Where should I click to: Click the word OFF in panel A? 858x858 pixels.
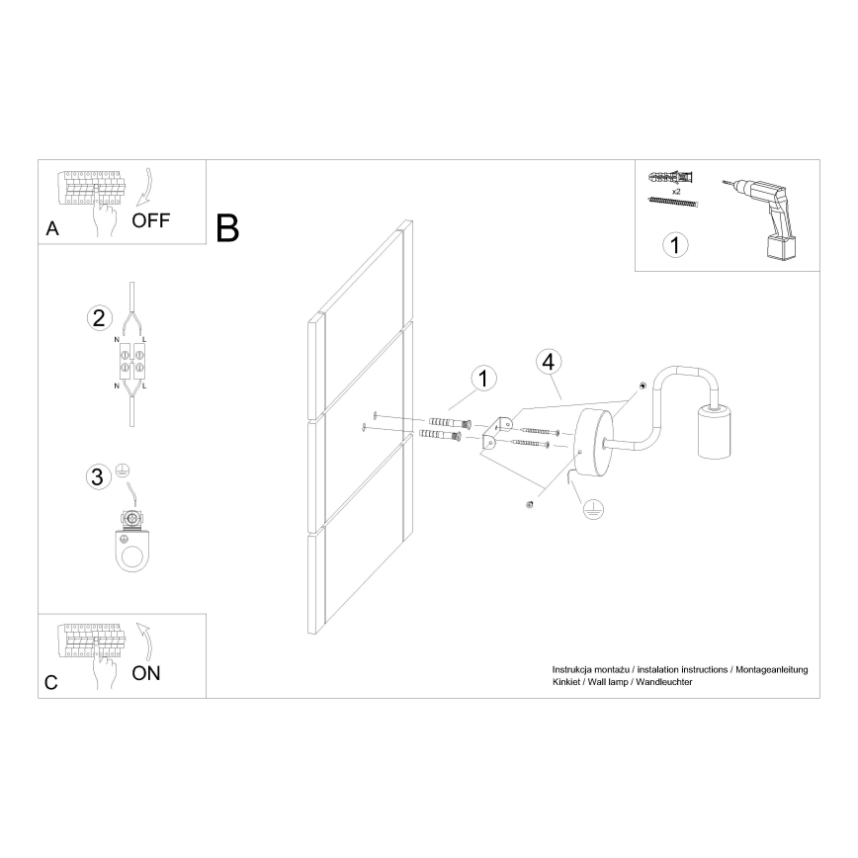[150, 219]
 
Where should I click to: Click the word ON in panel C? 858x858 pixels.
[145, 674]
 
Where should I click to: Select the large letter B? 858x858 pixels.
[227, 228]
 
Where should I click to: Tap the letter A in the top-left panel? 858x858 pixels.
[52, 229]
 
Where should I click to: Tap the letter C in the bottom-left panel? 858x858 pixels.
[51, 682]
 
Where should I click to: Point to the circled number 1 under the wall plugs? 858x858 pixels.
[674, 244]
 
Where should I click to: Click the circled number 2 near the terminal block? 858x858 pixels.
[97, 318]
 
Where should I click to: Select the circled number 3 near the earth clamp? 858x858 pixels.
[97, 477]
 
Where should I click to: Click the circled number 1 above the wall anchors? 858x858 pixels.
[482, 378]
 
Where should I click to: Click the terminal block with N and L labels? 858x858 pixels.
[131, 361]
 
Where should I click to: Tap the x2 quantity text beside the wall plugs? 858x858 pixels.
[675, 189]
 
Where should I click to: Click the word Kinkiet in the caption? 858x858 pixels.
[567, 683]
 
